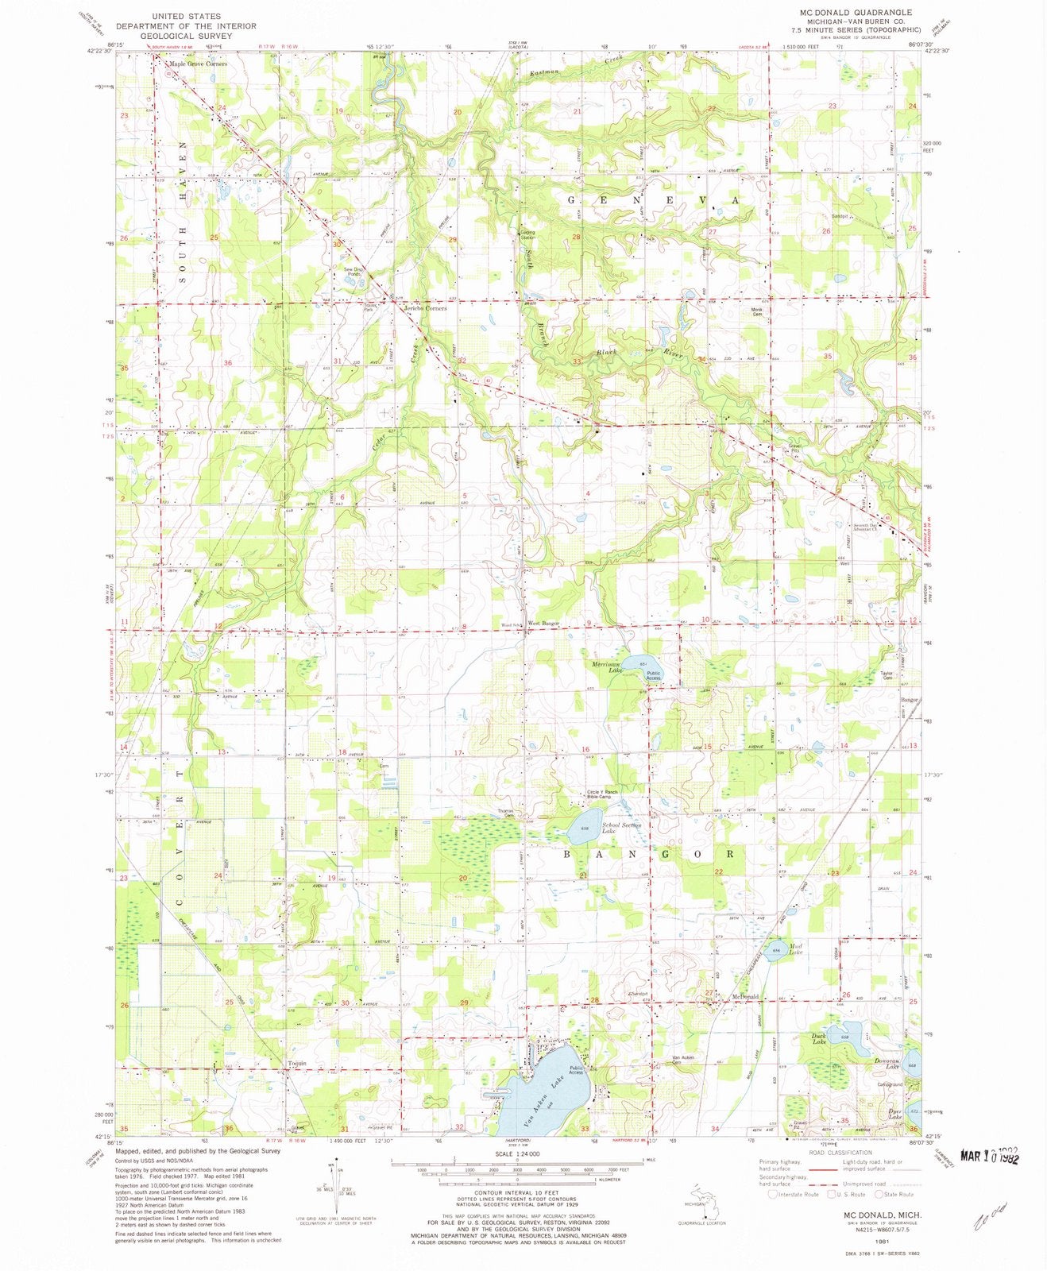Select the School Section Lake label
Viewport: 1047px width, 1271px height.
pos(621,829)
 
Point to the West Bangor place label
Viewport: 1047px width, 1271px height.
pos(544,624)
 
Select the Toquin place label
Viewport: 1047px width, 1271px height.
pos(296,1064)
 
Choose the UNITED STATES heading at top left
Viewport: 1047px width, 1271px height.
pos(186,16)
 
